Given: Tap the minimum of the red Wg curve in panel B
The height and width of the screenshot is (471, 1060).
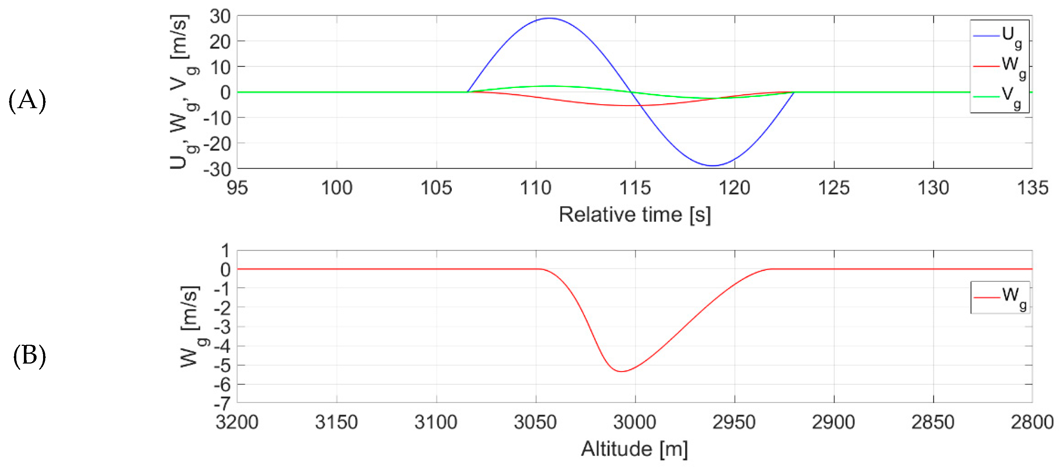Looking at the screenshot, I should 621,372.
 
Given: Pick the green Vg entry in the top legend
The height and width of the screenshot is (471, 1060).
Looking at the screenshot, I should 1000,96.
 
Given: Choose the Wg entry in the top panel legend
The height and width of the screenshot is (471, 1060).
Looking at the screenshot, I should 1000,66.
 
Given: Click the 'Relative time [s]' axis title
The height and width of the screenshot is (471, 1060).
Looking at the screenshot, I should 635,215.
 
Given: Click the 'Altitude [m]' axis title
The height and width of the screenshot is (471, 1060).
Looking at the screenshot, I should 635,449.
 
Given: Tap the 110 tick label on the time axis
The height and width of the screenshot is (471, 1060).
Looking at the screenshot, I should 536,188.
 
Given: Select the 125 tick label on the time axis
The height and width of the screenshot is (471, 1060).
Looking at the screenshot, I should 834,188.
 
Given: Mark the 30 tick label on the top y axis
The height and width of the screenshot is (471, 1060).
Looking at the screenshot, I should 220,17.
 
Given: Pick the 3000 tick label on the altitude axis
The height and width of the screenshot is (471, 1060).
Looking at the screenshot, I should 635,423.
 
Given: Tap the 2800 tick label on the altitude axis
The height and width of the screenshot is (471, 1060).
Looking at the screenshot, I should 1032,423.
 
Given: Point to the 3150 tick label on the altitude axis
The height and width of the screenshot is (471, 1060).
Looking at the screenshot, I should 337,423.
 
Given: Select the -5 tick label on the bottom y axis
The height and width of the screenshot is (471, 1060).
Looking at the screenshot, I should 222,365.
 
